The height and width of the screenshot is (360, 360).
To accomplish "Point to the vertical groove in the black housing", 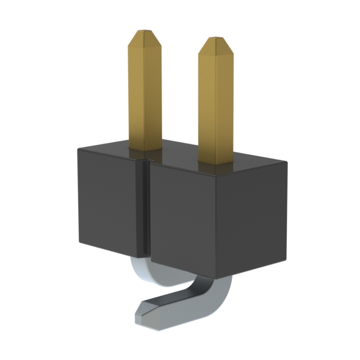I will [x=144, y=208].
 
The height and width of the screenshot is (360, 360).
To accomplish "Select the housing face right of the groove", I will [x=217, y=217].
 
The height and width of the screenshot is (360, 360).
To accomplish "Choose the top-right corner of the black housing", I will [x=287, y=163].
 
